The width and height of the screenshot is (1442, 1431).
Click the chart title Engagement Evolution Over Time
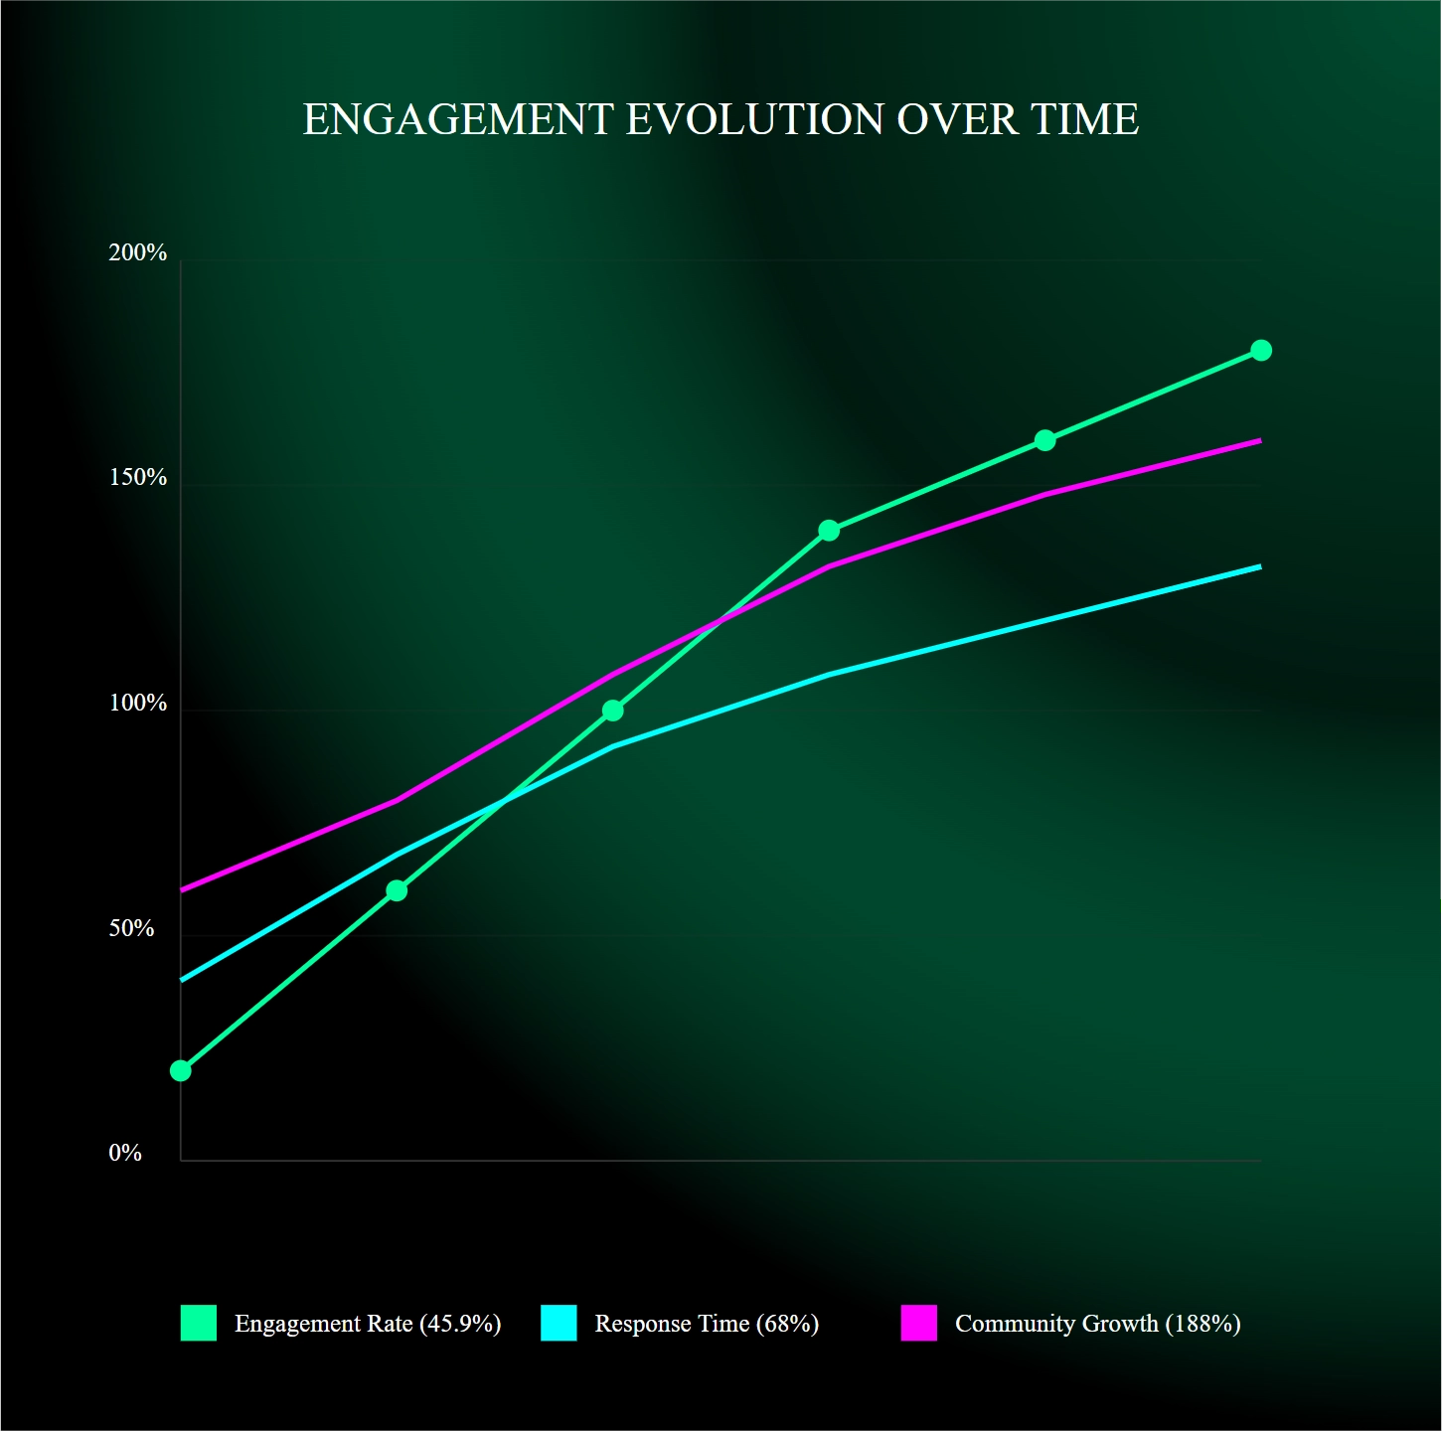(721, 119)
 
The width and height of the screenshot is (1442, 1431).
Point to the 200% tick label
(138, 253)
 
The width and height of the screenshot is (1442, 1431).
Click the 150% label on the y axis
(138, 478)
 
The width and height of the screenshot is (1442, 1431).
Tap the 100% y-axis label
(138, 703)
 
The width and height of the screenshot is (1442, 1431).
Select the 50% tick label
(132, 928)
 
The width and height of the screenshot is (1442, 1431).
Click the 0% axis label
(125, 1153)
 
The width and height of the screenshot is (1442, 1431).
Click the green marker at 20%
(180, 1071)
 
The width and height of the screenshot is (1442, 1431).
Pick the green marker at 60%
(397, 890)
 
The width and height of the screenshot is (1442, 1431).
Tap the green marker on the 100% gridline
(613, 711)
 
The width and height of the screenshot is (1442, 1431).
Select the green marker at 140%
(829, 531)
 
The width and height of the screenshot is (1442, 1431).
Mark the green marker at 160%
(1045, 440)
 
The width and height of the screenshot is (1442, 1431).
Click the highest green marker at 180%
(1262, 350)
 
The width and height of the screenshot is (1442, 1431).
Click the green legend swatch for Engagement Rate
(199, 1323)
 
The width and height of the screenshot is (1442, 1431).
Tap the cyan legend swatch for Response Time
(559, 1323)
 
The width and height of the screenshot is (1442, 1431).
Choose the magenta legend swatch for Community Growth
(919, 1323)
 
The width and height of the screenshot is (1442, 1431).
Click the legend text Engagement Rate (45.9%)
(368, 1324)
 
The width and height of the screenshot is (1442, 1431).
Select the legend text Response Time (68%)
(707, 1324)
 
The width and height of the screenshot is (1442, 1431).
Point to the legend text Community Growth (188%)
(1098, 1324)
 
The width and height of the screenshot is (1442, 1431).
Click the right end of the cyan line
(1262, 566)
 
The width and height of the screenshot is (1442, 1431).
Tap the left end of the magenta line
(180, 890)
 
